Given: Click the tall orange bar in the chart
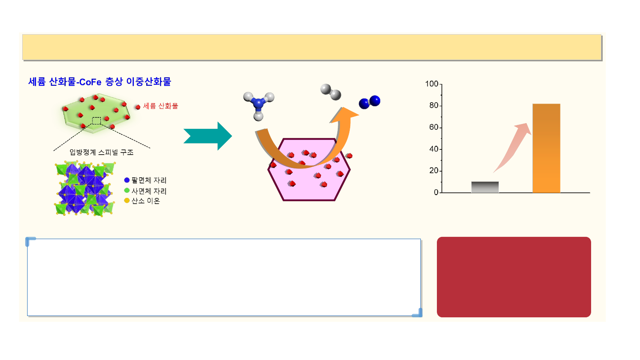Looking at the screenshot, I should pos(546,148).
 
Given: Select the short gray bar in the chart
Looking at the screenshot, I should pos(485,187).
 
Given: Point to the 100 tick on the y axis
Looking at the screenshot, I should pos(432,84).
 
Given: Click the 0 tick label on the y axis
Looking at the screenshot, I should pos(436,193).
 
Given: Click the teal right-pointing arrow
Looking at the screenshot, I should pos(208,136).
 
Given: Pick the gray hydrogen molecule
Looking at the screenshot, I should pos(331,92).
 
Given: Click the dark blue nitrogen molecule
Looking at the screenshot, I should pos(370,102).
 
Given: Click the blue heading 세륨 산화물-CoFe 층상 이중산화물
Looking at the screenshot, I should pos(100,82).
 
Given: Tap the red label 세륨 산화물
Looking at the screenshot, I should pos(160,106).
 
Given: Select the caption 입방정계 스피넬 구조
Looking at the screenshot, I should pos(102,152).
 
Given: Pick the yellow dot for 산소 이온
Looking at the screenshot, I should pos(127,201).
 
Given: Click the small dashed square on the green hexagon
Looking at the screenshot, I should pos(96,120).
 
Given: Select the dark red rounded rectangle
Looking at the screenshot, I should pos(514,277).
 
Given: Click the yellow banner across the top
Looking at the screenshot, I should pos(312,47).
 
